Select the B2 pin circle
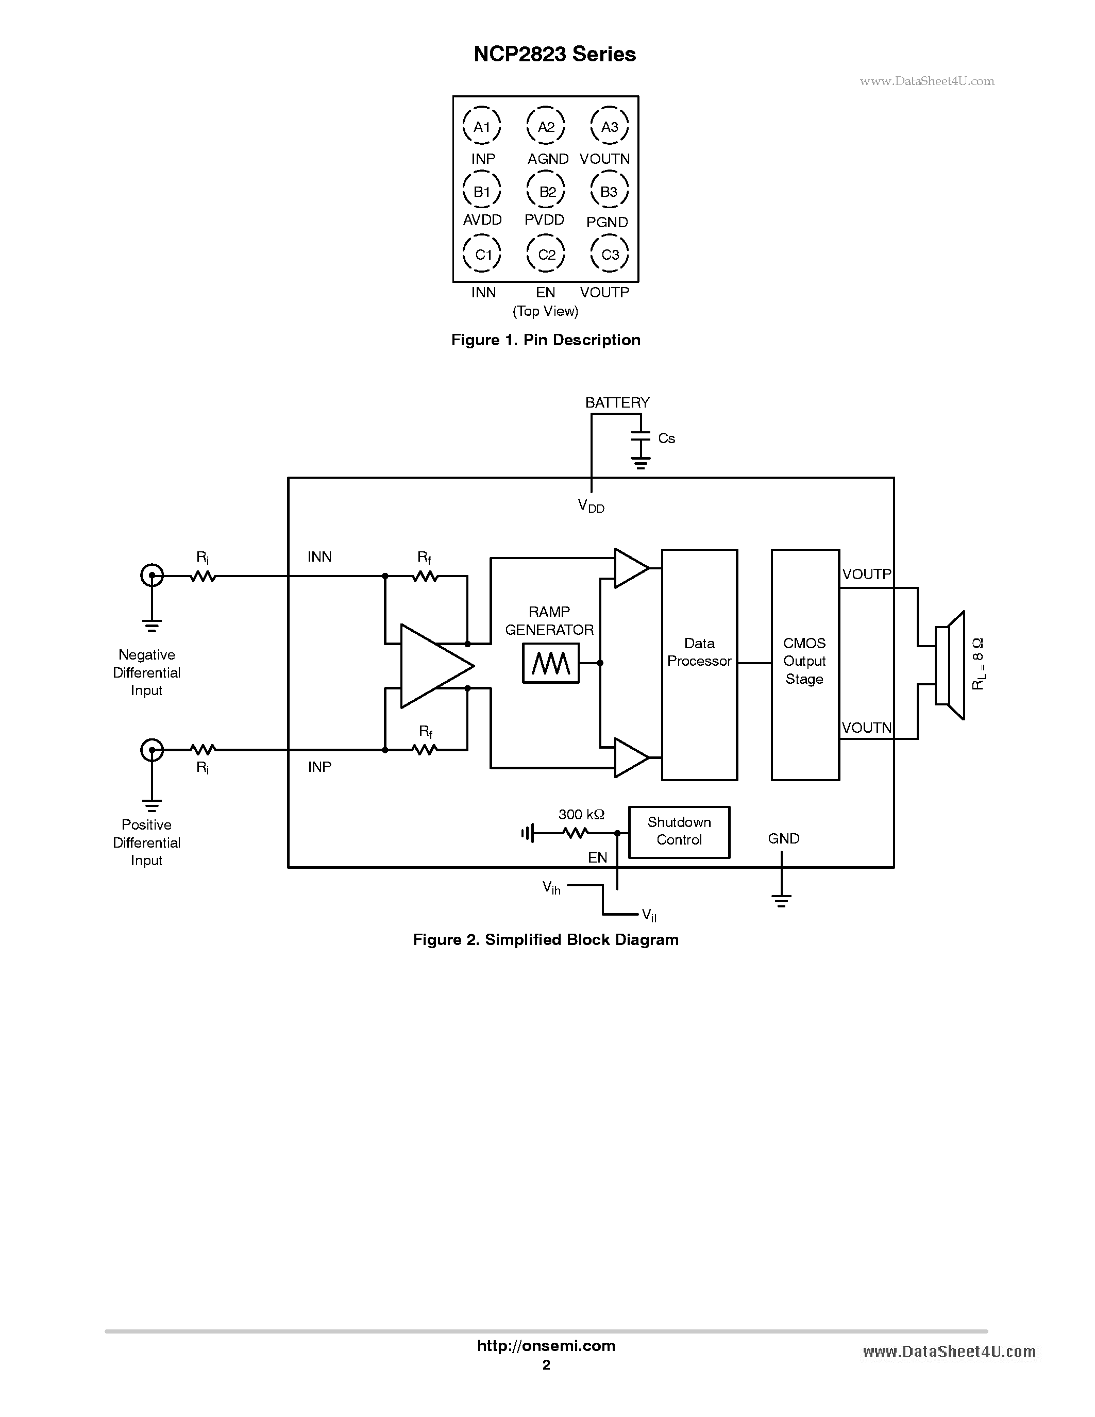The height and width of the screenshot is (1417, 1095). click(x=546, y=191)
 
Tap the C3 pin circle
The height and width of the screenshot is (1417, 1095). click(x=609, y=255)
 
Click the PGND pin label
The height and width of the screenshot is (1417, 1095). click(x=607, y=222)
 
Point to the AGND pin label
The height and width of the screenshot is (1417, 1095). click(x=547, y=159)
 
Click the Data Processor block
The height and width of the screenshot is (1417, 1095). click(x=699, y=664)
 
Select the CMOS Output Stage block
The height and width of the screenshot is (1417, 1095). click(x=804, y=664)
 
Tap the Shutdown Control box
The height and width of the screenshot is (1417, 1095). click(x=679, y=832)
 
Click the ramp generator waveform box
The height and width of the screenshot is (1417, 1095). click(x=550, y=663)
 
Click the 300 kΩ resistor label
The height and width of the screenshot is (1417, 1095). click(x=581, y=814)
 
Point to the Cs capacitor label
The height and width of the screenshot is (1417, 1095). click(x=666, y=438)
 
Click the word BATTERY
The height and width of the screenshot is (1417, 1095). click(x=617, y=402)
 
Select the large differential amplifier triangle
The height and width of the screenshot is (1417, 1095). click(x=433, y=666)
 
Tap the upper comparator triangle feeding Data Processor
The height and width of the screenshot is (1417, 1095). click(x=629, y=568)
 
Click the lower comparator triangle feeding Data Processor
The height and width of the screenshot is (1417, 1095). click(x=629, y=757)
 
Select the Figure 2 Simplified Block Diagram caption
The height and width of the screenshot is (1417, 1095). click(x=546, y=939)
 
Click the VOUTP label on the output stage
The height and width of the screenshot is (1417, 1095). click(x=866, y=574)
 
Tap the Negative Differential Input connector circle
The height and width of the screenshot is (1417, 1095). click(x=152, y=575)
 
